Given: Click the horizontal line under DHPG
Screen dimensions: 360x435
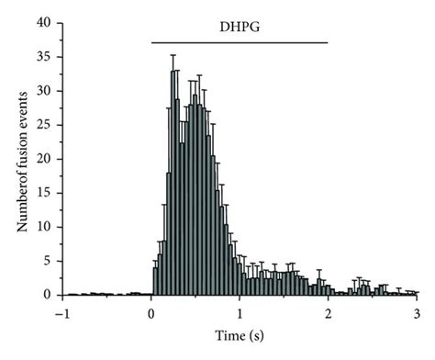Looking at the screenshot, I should pos(239,42).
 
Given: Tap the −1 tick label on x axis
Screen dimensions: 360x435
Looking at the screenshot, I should pos(61,312).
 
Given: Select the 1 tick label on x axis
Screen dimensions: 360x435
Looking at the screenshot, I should pos(240,312).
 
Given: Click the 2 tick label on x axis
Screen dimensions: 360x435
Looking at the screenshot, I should pos(328,312).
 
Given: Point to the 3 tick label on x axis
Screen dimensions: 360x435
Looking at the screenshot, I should pos(416,312).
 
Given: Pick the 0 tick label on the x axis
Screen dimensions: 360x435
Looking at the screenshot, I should pos(151,312).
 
